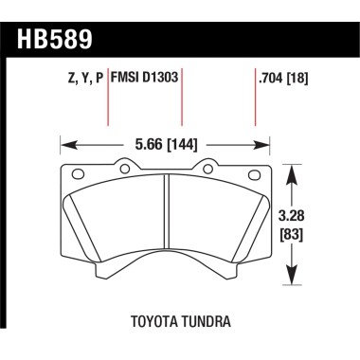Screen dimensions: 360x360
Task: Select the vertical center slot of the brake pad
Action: (x=167, y=218)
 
